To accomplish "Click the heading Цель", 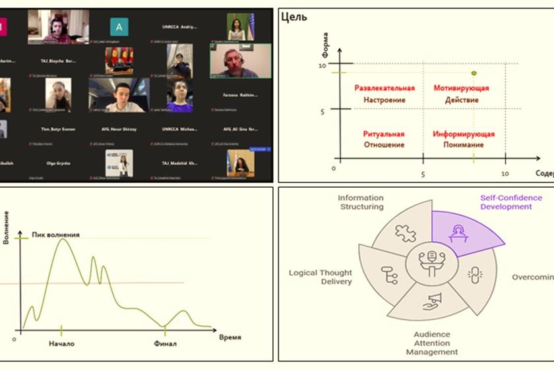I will (x=293, y=17).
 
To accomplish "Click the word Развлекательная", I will (x=385, y=88).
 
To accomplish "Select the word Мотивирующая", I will (x=461, y=88).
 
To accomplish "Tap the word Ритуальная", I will (x=384, y=134).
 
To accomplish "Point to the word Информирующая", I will (x=464, y=134).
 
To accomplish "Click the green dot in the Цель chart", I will (x=474, y=73).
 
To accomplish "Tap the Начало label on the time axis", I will (x=61, y=343).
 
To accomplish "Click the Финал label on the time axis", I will (x=166, y=343).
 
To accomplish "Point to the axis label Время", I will (x=230, y=337).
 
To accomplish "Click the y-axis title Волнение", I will (x=7, y=227).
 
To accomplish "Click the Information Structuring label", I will (x=361, y=202).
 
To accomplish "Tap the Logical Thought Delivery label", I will (x=321, y=277).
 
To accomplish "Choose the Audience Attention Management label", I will (x=432, y=343).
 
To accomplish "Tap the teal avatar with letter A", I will (x=119, y=26).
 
